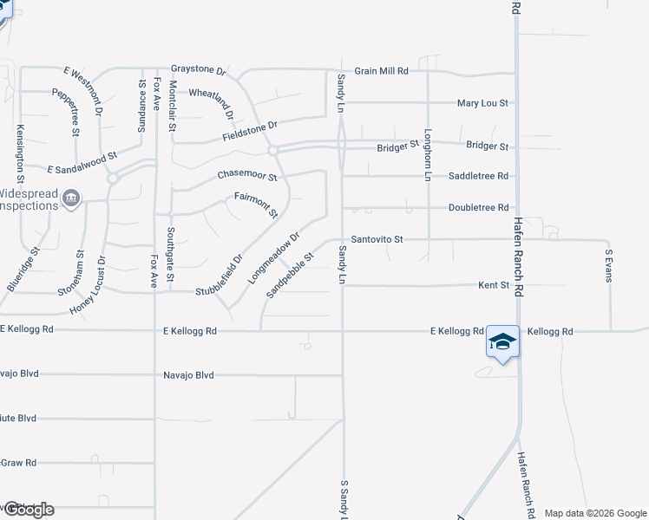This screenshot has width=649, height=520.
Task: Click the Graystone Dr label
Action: coord(198,68)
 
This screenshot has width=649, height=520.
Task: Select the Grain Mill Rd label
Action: coord(381,71)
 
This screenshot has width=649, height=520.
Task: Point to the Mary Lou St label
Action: coord(482,103)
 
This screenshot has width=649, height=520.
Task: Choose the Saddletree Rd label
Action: coord(478,176)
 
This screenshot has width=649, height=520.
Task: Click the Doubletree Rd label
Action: coord(478,208)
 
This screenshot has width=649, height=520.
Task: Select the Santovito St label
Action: coord(377,239)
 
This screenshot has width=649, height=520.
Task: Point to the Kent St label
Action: coord(493,284)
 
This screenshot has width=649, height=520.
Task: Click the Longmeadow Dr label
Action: coord(273,257)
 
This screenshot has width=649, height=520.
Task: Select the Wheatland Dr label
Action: coord(212,102)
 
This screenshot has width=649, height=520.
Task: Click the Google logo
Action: coord(28,510)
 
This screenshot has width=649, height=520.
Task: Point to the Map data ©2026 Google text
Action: coord(595,513)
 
